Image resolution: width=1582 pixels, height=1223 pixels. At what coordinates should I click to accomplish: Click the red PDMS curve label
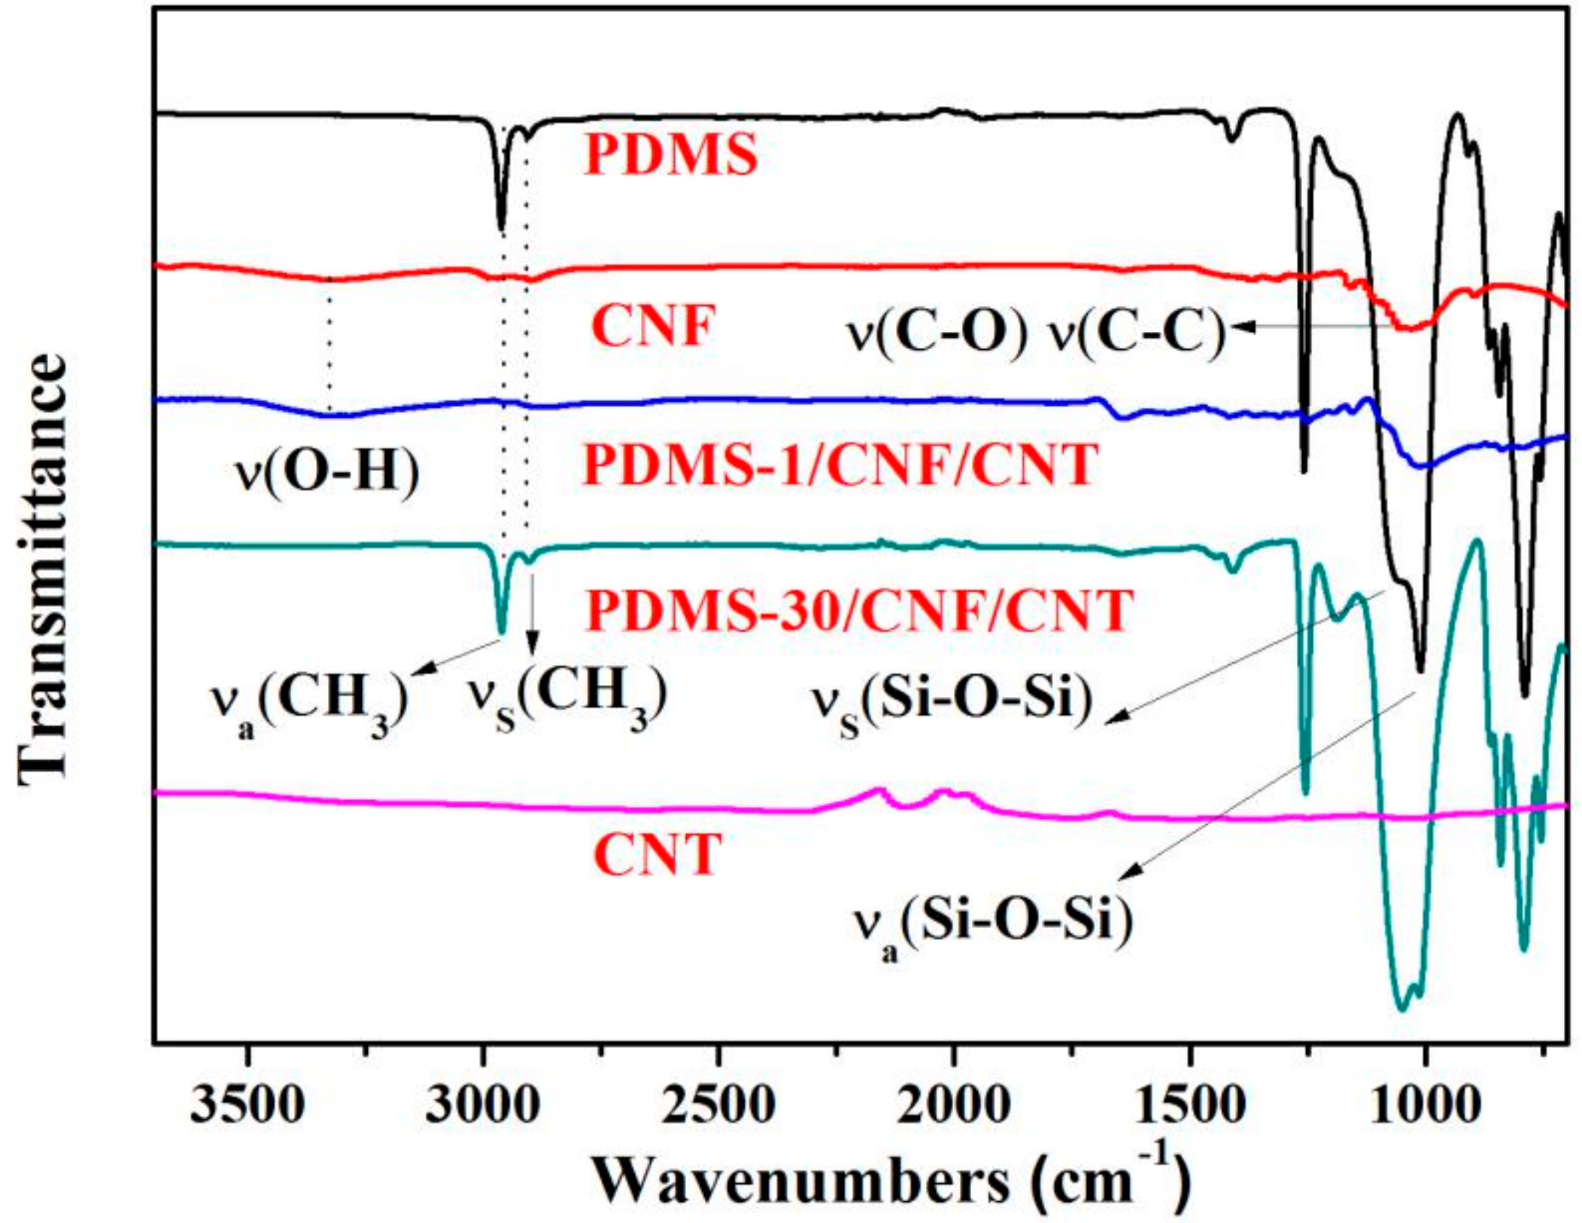point(670,156)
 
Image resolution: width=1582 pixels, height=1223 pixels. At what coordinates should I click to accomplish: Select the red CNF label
point(651,327)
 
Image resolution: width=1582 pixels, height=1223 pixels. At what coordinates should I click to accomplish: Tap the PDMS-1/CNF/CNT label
point(840,465)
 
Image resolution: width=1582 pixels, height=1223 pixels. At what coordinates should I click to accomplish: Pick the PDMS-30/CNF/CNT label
point(860,610)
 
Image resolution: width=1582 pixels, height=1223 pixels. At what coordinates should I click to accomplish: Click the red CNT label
point(657,855)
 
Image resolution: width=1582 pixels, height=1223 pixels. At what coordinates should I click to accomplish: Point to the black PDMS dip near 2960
point(502,226)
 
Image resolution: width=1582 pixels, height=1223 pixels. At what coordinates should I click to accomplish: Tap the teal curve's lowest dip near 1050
point(1401,1009)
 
